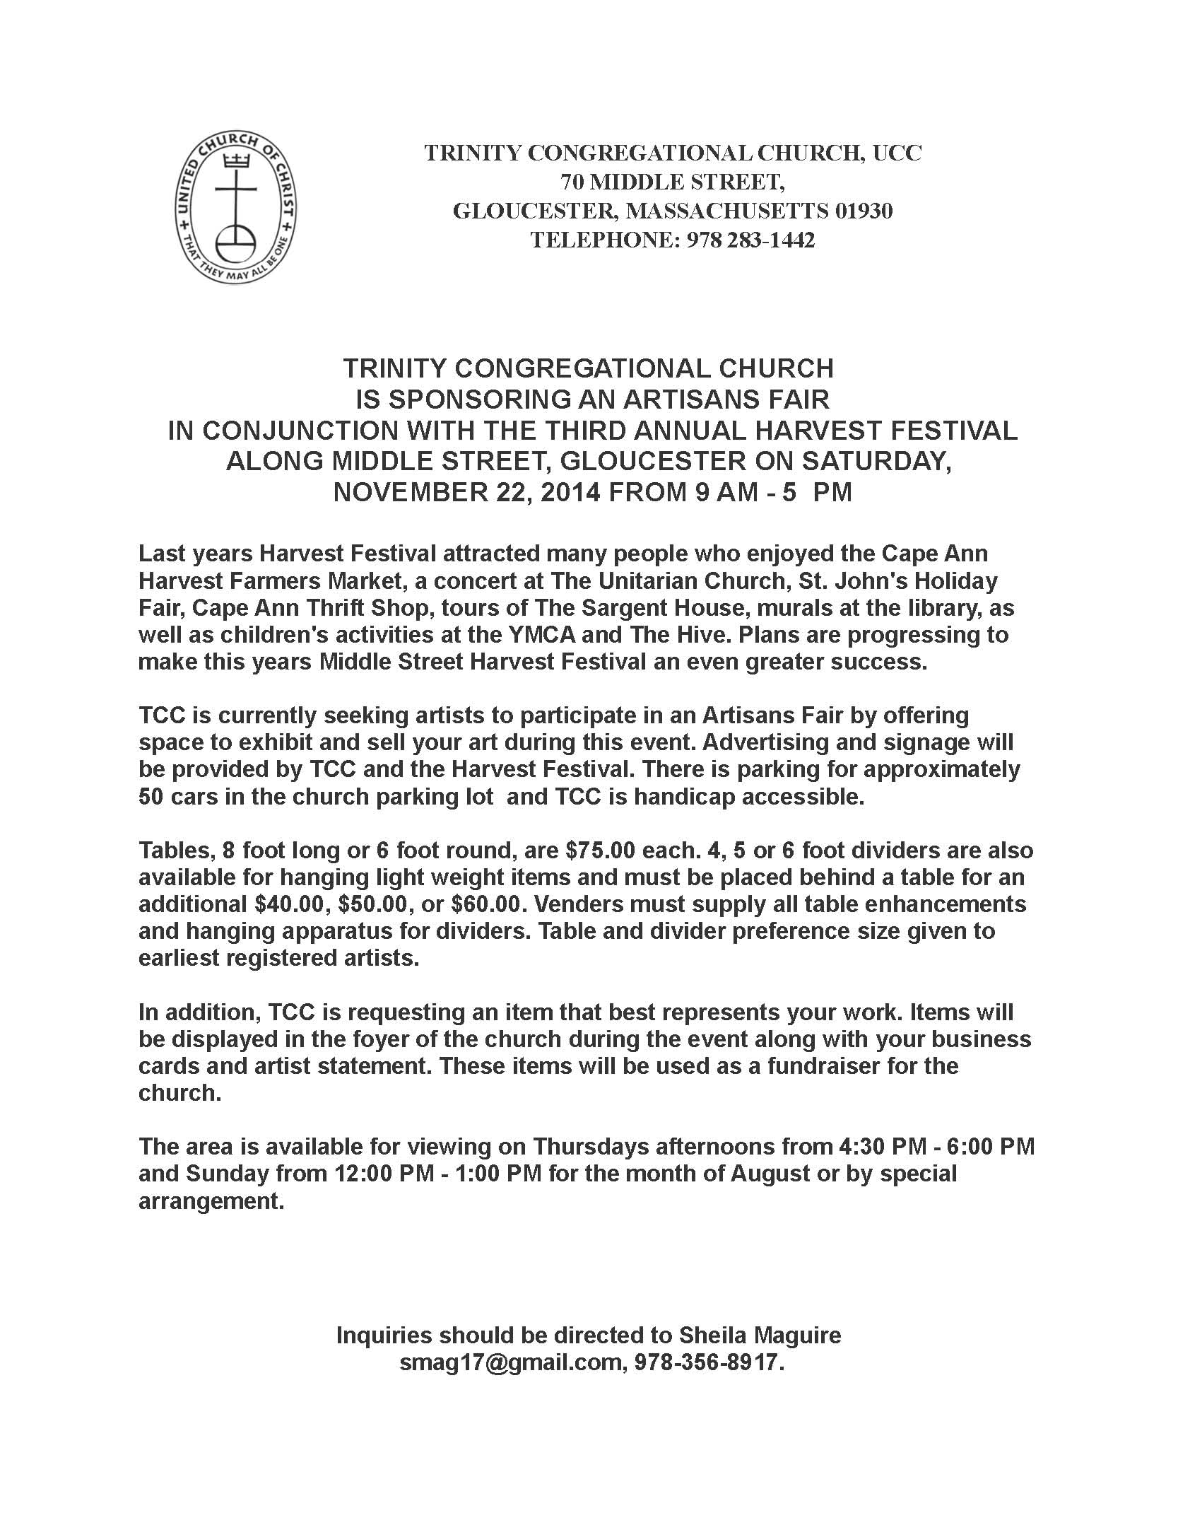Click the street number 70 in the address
pyautogui.click(x=573, y=182)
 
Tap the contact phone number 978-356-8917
pyautogui.click(x=709, y=1362)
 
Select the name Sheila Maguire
pyautogui.click(x=760, y=1335)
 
